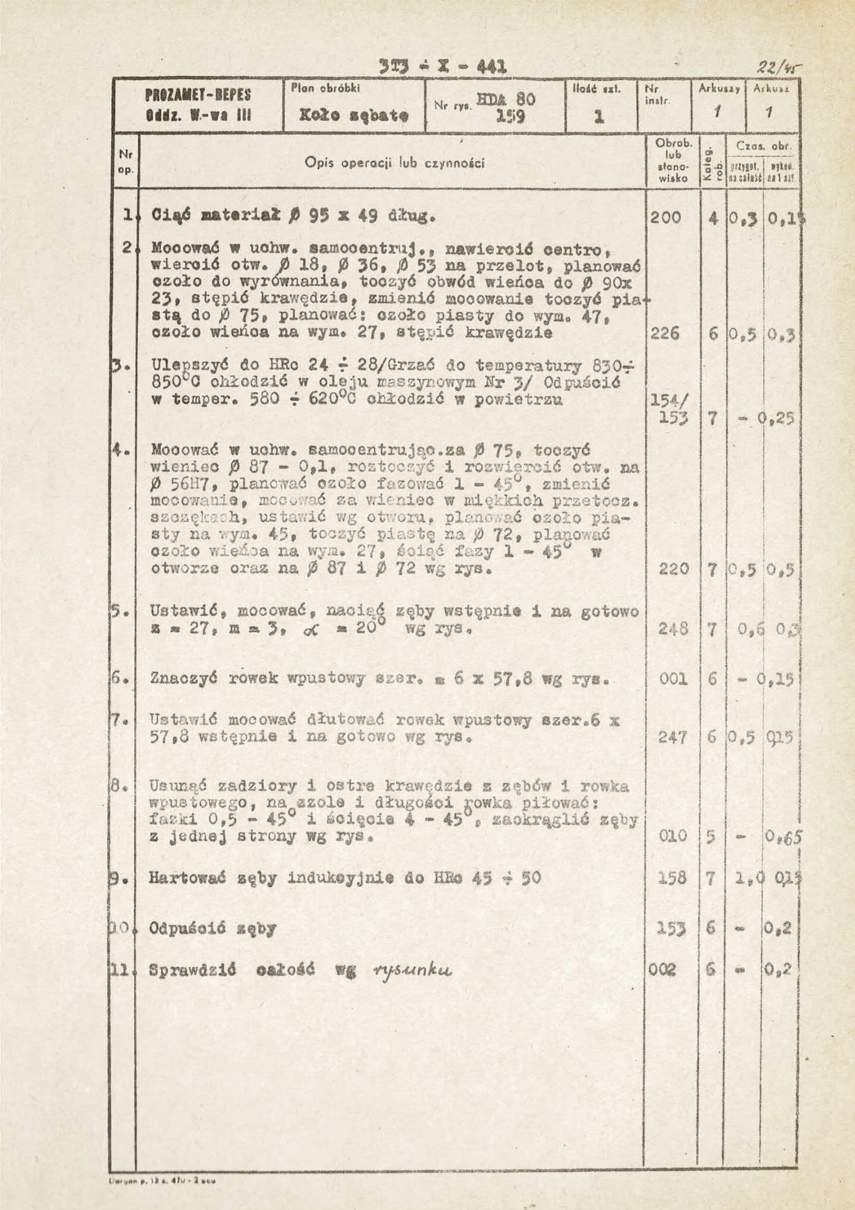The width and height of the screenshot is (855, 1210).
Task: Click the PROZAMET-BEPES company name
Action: [x=198, y=95]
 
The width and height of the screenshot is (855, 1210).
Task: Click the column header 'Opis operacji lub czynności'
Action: [x=394, y=163]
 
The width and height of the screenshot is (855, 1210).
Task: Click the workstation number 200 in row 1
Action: [x=666, y=218]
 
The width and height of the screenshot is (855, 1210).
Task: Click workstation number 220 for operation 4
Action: [x=673, y=569]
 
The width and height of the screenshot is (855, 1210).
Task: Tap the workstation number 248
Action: [x=673, y=629]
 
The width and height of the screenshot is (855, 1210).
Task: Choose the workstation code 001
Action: [x=673, y=679]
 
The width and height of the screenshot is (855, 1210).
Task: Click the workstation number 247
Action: [x=673, y=737]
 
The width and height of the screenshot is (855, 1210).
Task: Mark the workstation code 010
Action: [x=673, y=836]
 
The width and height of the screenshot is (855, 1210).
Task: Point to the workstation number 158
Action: [x=673, y=878]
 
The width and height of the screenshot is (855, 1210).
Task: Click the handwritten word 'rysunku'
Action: [x=413, y=970]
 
